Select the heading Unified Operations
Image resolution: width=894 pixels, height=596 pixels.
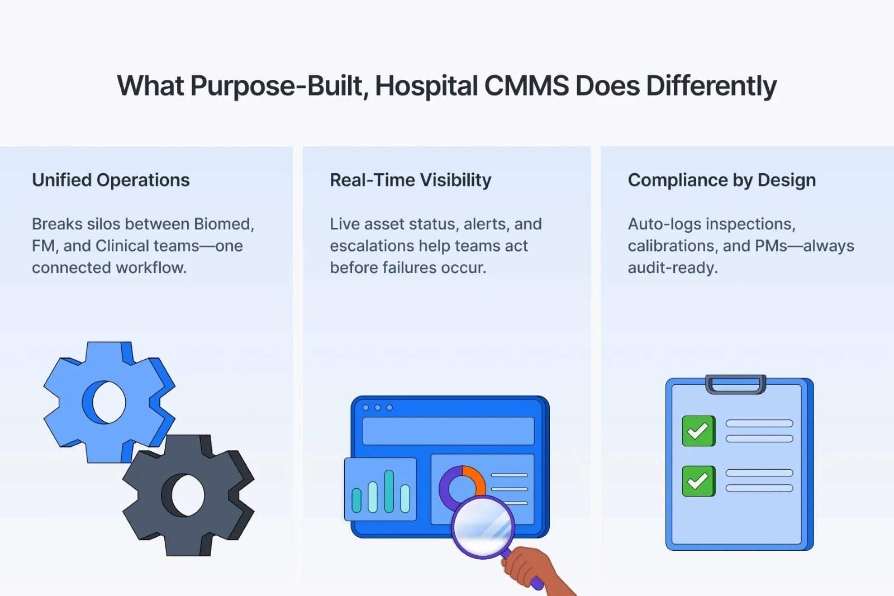(x=111, y=180)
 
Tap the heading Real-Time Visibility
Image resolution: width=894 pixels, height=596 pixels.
(x=410, y=180)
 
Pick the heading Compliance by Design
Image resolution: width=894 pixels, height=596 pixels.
(x=721, y=180)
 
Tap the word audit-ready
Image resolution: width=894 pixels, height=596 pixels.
(x=672, y=268)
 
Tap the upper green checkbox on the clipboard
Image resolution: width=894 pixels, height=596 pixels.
(x=698, y=431)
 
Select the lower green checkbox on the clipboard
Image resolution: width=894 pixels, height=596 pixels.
(x=698, y=480)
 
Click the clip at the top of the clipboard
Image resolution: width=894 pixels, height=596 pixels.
(x=735, y=384)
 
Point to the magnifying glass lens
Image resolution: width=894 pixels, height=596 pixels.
(x=483, y=527)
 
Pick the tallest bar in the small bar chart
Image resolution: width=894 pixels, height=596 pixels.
(x=389, y=491)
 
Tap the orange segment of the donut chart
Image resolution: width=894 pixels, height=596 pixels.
(x=475, y=478)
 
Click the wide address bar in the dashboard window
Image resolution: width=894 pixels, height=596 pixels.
(x=448, y=431)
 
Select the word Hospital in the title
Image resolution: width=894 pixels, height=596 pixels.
(x=426, y=86)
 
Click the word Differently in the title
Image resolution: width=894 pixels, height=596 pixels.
(x=711, y=86)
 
